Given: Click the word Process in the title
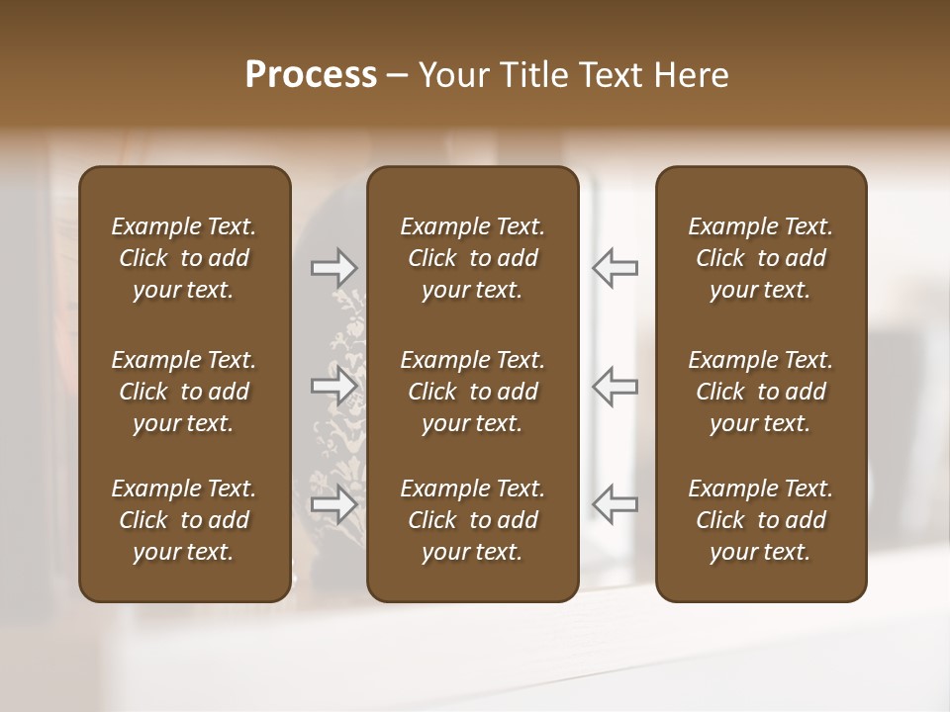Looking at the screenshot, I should (311, 75).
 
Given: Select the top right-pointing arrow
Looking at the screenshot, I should (333, 268).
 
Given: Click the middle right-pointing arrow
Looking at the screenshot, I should (333, 386).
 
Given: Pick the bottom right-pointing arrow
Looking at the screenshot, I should (333, 504).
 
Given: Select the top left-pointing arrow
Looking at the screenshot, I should (615, 268).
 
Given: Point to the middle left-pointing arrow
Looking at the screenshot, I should (615, 386).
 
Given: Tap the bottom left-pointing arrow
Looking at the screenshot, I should (615, 504).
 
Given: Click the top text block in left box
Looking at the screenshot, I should (184, 258).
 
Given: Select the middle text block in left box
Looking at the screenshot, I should (184, 392).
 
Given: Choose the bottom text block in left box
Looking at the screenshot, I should (184, 520).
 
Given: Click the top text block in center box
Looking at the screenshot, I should (472, 258).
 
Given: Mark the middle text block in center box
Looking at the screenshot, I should (472, 392).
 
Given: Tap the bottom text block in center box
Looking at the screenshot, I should (472, 520).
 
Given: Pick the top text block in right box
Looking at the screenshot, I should (761, 258).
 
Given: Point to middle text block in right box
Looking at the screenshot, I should (761, 392).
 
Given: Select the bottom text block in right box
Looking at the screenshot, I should (761, 520).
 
